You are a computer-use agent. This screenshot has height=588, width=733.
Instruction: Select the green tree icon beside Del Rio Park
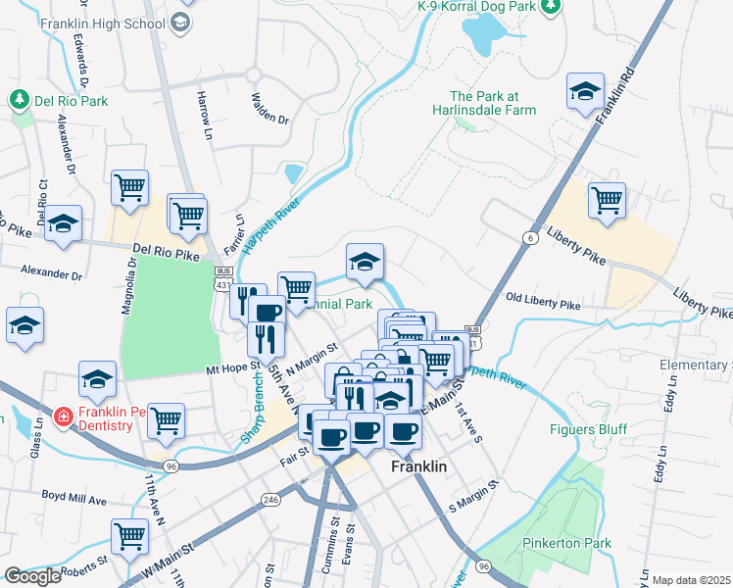coord(19,100)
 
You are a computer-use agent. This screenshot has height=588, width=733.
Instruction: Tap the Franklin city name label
coord(418,467)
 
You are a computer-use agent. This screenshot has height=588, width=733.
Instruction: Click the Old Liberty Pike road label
coord(542,306)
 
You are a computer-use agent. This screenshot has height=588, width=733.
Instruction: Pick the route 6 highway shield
coord(530,238)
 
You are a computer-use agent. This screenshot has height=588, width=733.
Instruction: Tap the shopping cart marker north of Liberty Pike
coord(607,201)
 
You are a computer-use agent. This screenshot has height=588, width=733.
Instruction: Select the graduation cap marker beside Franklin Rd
coord(585,91)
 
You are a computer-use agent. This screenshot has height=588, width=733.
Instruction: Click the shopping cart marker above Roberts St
coord(129,536)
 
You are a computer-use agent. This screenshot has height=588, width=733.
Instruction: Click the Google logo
coord(32,575)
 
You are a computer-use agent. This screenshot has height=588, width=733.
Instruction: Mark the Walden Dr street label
coord(269,108)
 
